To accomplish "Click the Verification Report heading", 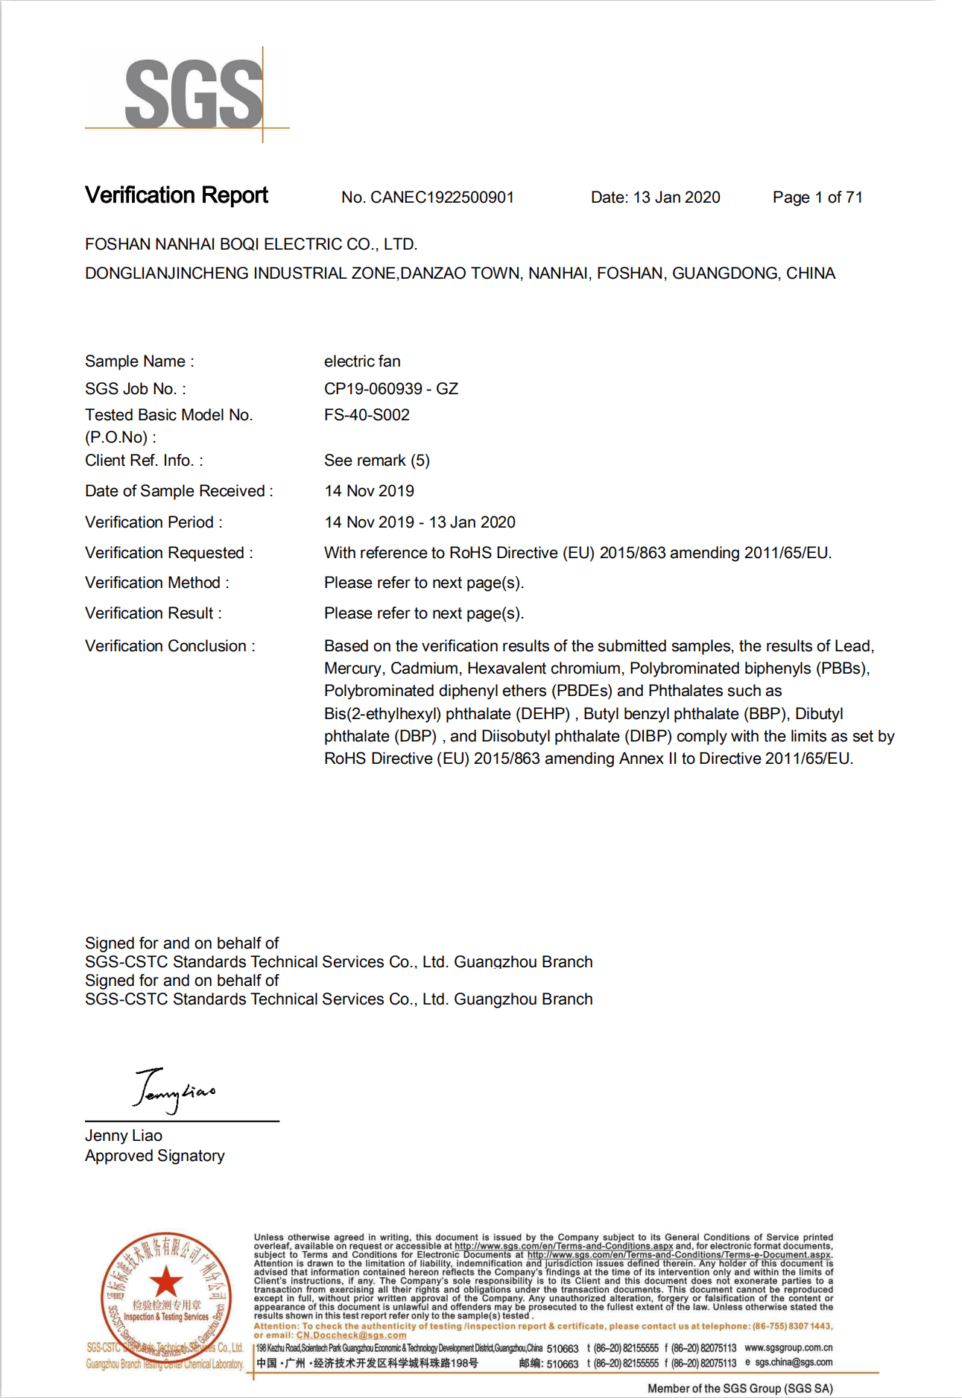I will [177, 195].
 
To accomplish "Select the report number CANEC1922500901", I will [442, 197].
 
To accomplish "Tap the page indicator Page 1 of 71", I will [817, 197].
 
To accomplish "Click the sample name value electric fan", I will [362, 361].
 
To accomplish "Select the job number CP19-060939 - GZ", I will [391, 389].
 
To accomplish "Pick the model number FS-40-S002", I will [367, 415].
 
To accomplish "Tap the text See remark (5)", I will [377, 461].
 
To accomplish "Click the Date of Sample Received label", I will [179, 491].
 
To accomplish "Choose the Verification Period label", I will [154, 522].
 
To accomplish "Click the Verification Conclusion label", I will [170, 646].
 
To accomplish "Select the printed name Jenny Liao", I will [124, 1136].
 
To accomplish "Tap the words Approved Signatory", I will [155, 1156].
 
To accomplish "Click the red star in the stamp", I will [165, 1282].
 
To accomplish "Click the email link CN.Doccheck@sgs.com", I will [351, 1335].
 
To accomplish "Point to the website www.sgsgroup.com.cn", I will [788, 1347].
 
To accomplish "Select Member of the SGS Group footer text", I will [740, 1388].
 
